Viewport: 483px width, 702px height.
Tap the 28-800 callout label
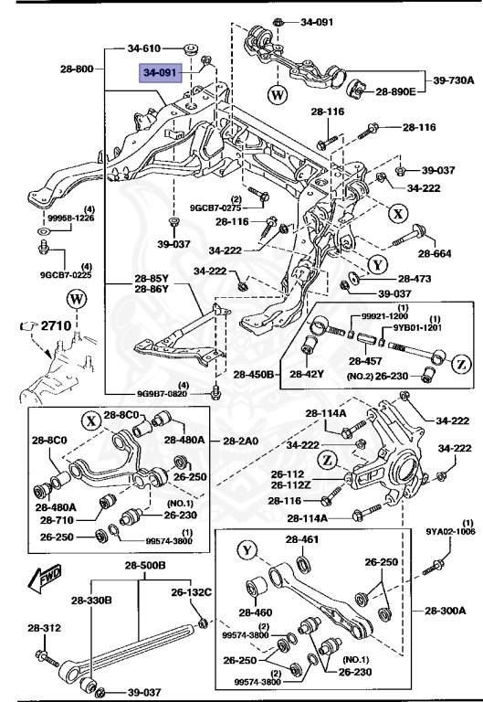(77, 69)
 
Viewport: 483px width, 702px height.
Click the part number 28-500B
(145, 566)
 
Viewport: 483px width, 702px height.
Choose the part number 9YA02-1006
(450, 530)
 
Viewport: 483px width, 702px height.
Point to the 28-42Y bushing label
(308, 374)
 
